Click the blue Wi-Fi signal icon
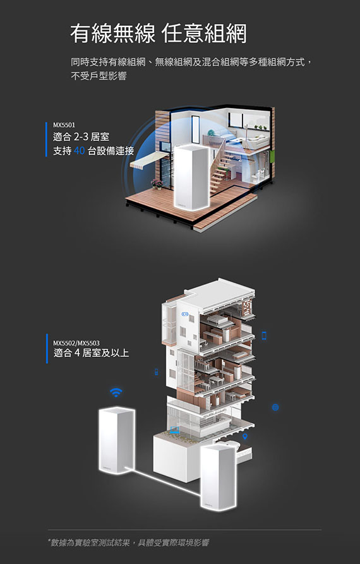(x=116, y=392)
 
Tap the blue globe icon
(x=275, y=407)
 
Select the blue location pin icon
(x=245, y=436)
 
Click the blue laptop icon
(x=175, y=429)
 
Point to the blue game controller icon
(x=186, y=314)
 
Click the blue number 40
(x=79, y=150)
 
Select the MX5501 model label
(x=64, y=125)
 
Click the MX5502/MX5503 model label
(x=76, y=343)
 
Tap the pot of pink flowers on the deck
(x=157, y=183)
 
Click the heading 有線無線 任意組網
(x=159, y=34)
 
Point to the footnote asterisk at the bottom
(x=49, y=541)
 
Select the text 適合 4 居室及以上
(x=91, y=353)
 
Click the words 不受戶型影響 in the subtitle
(x=99, y=76)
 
